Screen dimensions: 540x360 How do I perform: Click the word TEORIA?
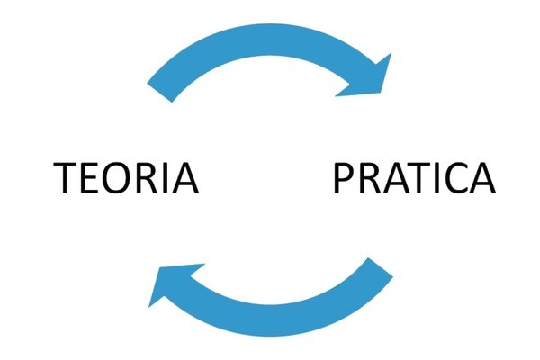(126, 178)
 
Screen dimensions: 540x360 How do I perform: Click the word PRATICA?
(415, 178)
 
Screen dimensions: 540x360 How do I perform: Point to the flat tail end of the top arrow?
(160, 93)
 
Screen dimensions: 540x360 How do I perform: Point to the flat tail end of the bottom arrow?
(381, 267)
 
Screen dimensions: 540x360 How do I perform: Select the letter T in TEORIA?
(66, 178)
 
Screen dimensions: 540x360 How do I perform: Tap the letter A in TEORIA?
(185, 178)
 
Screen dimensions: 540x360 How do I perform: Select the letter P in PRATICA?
(344, 178)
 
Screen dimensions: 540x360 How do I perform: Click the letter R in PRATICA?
(371, 178)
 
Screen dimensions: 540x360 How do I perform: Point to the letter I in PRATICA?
(437, 178)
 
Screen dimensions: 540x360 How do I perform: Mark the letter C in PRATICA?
(455, 178)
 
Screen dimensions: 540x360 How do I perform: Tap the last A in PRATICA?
(482, 178)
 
